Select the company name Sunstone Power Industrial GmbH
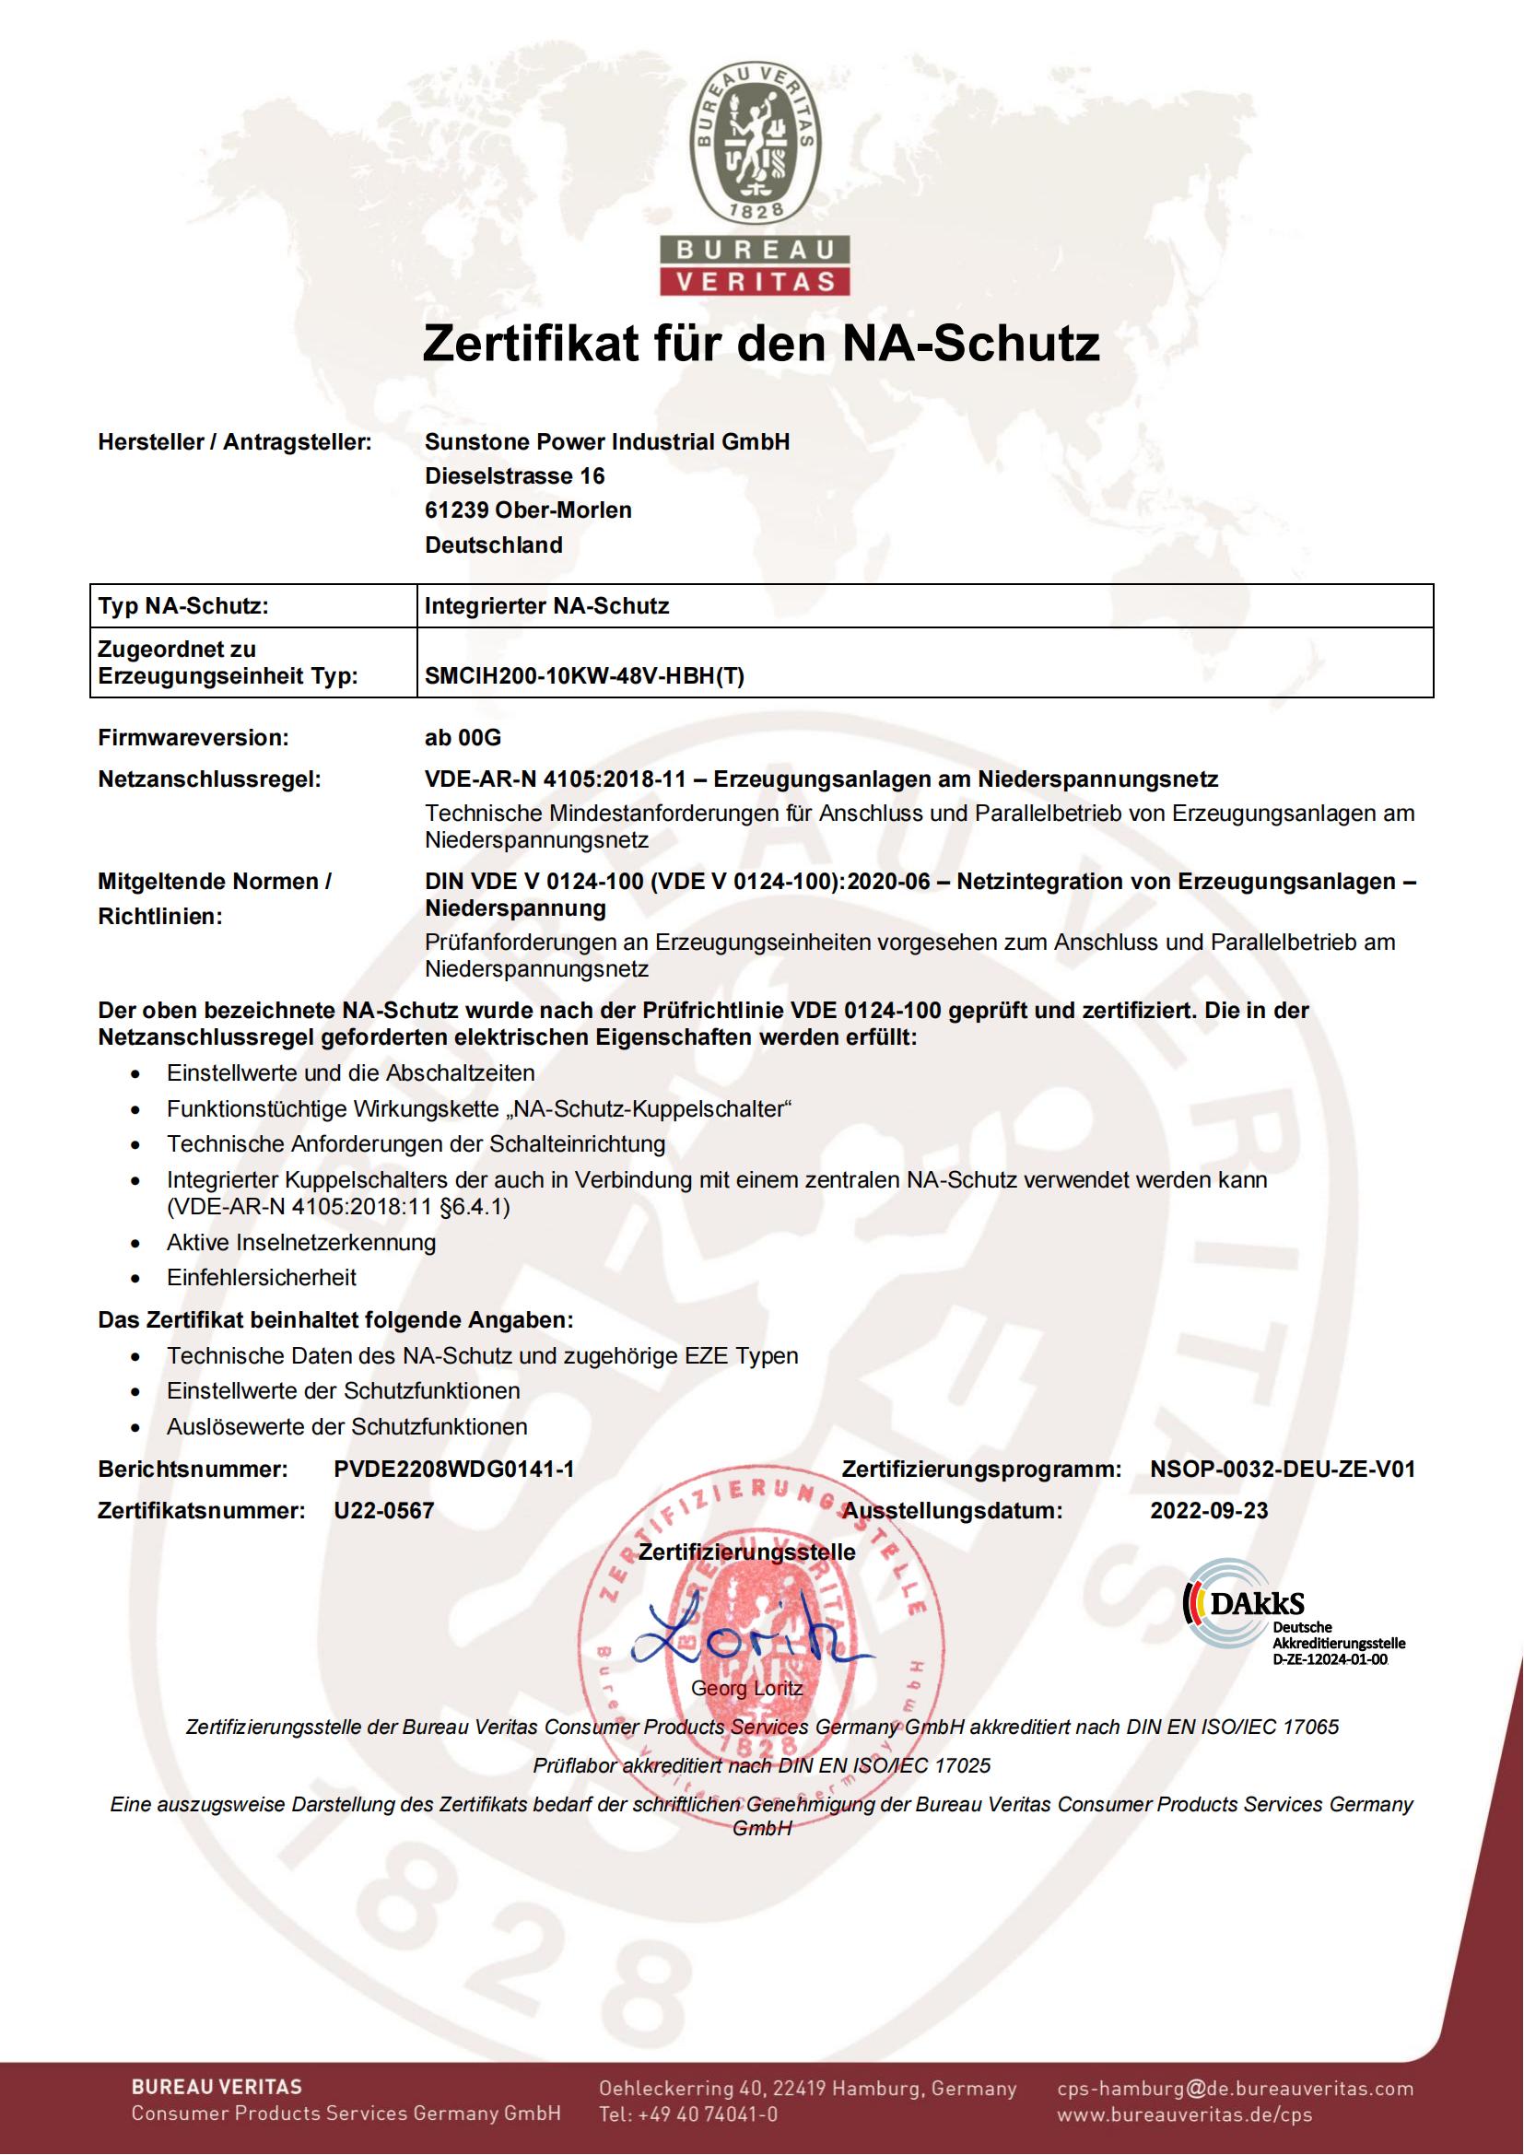(x=607, y=441)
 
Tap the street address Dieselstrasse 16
(x=514, y=475)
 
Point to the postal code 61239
(x=455, y=510)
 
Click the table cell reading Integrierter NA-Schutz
(x=547, y=606)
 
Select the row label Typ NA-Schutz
(x=183, y=606)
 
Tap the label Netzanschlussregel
(x=209, y=779)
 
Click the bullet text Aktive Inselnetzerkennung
(x=301, y=1243)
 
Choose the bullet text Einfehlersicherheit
(x=262, y=1277)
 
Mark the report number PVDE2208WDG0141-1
(x=453, y=1470)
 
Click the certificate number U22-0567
(x=384, y=1511)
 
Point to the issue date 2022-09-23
(x=1209, y=1511)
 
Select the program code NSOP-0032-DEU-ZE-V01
(x=1282, y=1470)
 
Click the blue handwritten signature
(x=742, y=1637)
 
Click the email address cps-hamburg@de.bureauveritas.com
(x=1235, y=2089)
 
